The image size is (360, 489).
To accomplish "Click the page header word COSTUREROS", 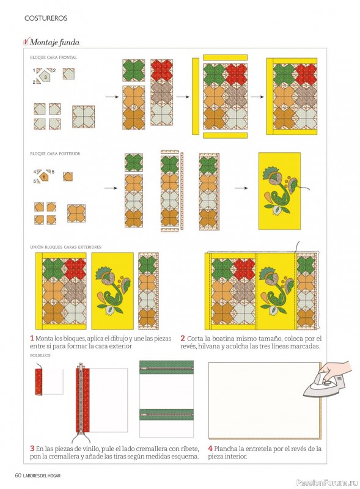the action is coord(46,18).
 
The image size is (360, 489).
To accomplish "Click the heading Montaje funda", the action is coord(54,42).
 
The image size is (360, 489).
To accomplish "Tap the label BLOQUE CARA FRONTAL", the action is coord(53,57).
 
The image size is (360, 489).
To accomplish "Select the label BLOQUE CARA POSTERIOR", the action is coord(55,154).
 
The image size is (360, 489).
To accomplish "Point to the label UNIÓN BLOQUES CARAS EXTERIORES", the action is coord(66,247).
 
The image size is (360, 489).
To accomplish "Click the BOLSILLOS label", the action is coord(40,355).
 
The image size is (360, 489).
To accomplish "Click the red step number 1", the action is coord(32,339).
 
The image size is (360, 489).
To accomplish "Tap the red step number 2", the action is coord(183,339).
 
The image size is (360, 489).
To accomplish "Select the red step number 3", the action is coord(32,449).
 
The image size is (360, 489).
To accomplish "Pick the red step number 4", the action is coord(210,449).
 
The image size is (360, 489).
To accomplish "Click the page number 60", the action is coord(18,476).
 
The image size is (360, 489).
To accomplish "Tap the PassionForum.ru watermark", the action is coord(326,482).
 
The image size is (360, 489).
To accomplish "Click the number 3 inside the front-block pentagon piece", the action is coord(45,77).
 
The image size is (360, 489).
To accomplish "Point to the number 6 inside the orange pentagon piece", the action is coord(44,177).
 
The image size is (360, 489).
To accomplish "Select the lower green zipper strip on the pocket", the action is coord(167,414).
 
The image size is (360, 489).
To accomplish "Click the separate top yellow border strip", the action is coord(226,57).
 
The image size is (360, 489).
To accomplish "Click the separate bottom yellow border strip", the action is coord(226,135).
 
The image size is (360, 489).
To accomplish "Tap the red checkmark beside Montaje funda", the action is coord(26,42).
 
